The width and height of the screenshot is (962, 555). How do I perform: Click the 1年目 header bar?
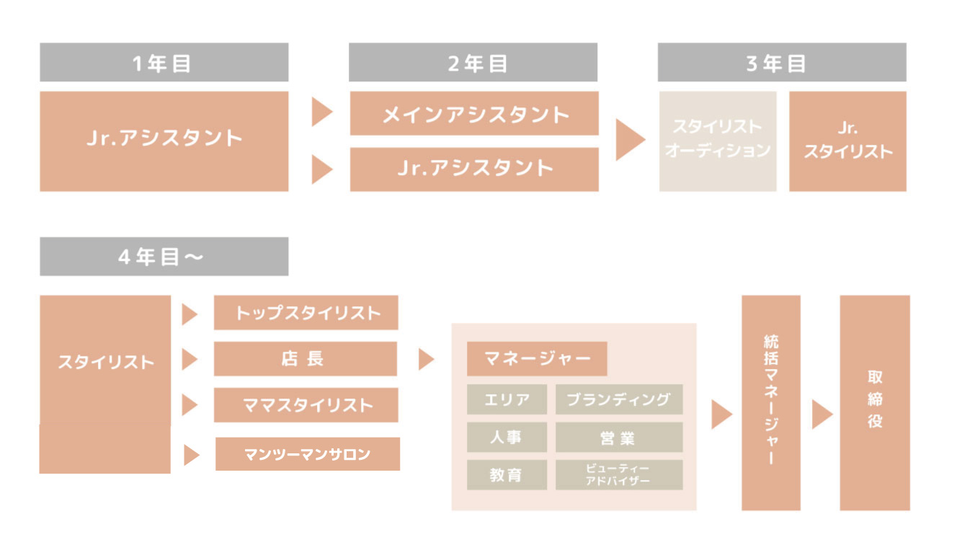point(164,63)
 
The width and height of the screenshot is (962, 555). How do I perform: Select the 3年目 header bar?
point(782,63)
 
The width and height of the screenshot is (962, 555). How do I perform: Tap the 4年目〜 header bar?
point(164,257)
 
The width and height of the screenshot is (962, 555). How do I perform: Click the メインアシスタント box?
point(474,113)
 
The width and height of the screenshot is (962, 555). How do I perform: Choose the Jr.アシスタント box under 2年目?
point(474,169)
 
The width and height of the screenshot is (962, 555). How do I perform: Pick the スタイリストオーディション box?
point(718,141)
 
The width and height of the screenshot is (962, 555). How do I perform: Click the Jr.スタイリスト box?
point(847,141)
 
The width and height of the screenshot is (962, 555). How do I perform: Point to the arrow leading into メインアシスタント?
point(321,113)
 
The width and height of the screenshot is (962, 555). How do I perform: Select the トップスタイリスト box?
point(306,313)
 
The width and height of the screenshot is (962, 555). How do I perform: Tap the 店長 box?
point(306,359)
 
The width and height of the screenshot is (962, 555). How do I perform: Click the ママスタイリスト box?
point(306,405)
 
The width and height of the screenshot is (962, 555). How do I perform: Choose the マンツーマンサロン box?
point(308,454)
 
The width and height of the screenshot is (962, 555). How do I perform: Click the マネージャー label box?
point(537,359)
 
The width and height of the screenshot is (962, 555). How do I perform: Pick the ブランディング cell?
point(619,399)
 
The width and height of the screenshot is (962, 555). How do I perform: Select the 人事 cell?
point(507,437)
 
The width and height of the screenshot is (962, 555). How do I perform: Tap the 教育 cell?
point(507,475)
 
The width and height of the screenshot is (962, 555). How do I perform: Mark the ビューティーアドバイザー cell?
point(619,475)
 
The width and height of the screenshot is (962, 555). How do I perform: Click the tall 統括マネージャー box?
point(771,402)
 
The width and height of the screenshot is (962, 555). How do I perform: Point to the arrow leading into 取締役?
point(821,414)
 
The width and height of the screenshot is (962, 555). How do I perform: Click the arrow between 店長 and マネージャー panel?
point(426,359)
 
